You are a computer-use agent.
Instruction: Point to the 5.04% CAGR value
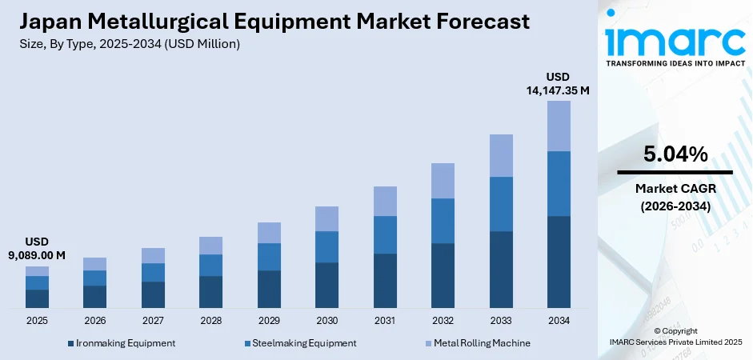[675, 154]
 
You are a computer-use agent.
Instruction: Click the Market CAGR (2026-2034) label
[675, 196]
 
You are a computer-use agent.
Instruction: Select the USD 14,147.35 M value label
[558, 83]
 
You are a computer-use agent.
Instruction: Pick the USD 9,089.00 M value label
[37, 248]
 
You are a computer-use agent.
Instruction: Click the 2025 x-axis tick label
[37, 320]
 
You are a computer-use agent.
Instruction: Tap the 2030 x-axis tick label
[326, 320]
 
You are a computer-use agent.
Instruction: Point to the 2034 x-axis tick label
[559, 320]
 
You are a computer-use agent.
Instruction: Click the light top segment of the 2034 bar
[559, 126]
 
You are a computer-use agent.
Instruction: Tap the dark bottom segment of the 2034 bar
[559, 262]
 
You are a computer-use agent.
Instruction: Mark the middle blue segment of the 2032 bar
[443, 221]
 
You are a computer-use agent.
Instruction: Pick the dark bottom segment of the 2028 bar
[210, 292]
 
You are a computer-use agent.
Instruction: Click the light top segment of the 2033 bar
[501, 155]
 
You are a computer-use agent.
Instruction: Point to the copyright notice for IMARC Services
[675, 337]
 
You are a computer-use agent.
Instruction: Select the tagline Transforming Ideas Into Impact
[675, 62]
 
